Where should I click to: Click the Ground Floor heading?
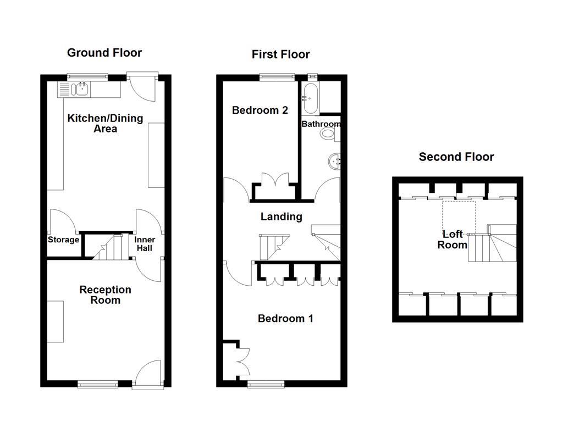104,53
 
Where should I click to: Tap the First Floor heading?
280,54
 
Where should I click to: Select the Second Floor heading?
456,157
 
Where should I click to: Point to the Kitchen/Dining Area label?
105,124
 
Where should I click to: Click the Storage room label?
63,240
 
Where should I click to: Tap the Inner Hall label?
145,244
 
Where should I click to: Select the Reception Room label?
105,295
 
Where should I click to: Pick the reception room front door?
147,374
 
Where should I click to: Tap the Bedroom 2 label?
260,110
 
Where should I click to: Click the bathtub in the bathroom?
308,98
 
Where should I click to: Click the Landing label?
281,217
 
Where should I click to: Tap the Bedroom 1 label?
286,319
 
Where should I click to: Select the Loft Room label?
452,240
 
